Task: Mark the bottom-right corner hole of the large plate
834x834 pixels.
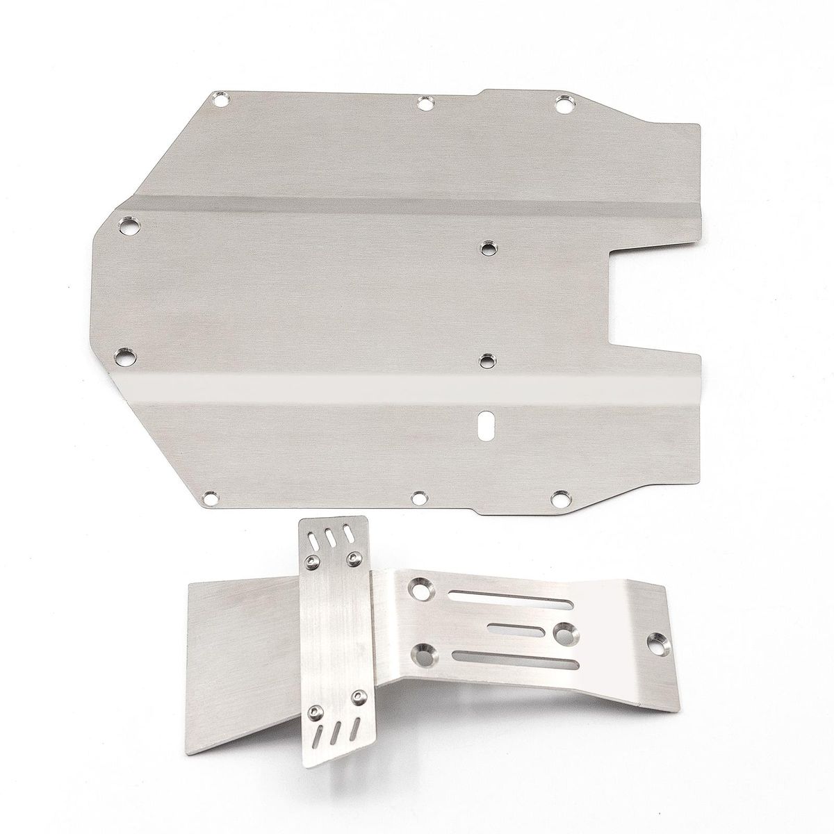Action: click(559, 498)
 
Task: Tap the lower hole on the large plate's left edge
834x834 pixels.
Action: click(125, 357)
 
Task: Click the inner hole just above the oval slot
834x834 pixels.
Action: click(488, 359)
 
